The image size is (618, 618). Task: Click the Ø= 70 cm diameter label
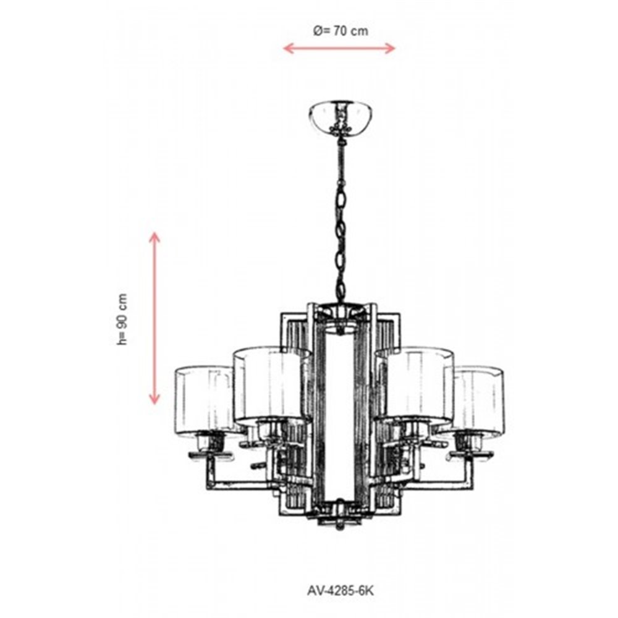click(x=341, y=31)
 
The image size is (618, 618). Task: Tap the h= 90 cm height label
click(x=123, y=320)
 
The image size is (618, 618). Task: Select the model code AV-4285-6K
click(x=340, y=590)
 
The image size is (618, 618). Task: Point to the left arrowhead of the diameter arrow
click(x=288, y=48)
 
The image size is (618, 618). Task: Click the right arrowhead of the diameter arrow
click(x=390, y=48)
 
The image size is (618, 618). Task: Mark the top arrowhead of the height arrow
click(x=154, y=237)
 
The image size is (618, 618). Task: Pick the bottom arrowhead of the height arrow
click(x=154, y=399)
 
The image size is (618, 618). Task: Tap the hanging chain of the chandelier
click(x=340, y=219)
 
